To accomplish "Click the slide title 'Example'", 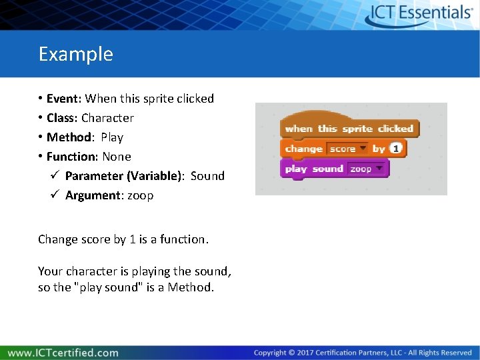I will [x=75, y=54].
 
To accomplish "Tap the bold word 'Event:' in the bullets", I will [x=64, y=99].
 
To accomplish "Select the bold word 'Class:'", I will [x=63, y=118].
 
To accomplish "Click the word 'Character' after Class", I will [x=107, y=118].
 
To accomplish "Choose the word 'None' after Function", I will [x=117, y=157].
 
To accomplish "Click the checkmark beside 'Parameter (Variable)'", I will [x=56, y=176].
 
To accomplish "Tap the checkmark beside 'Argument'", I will [x=56, y=195].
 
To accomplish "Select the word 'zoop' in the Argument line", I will [x=141, y=195].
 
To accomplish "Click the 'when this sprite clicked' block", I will [x=349, y=129].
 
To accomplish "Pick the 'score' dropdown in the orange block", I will [x=347, y=149].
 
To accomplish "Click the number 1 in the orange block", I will [x=396, y=149].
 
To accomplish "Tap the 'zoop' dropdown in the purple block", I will [x=366, y=169].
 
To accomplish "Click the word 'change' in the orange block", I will [x=303, y=149].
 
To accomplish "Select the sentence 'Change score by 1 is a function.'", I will [x=123, y=239].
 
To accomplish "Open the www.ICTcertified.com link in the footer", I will [x=63, y=353].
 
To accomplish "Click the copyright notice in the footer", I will [x=362, y=353].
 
